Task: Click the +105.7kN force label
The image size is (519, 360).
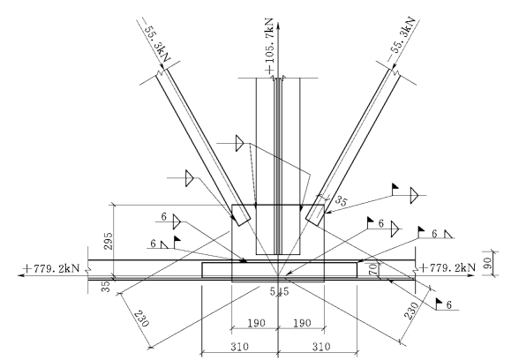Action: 270,46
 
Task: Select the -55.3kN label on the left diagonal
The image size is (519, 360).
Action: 156,40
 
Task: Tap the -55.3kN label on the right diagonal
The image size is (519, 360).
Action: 402,39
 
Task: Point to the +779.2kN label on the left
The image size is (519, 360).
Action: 51,267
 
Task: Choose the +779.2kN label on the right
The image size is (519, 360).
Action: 448,267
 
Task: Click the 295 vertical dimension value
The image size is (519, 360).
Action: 109,241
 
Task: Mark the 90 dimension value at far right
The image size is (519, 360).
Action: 487,263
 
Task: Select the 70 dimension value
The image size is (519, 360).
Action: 372,268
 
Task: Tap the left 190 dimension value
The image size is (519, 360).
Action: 257,323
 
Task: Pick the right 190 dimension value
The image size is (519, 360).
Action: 302,323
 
